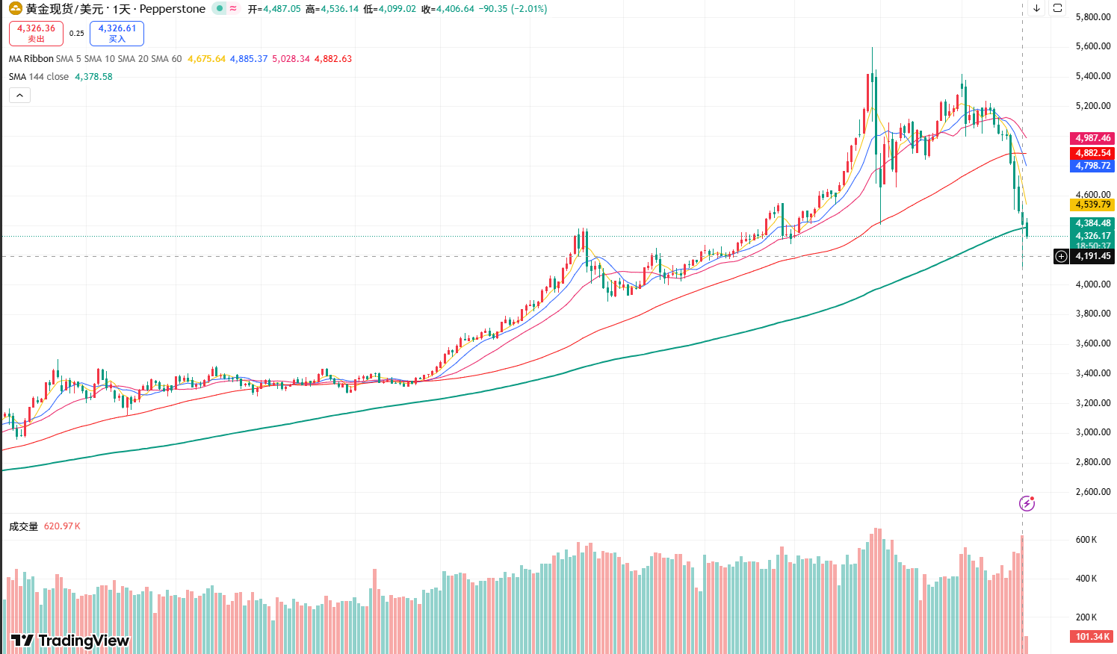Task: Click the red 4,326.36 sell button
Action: click(36, 33)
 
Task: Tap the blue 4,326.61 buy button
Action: click(117, 33)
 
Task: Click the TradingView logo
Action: click(70, 641)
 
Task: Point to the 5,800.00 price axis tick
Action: click(1092, 16)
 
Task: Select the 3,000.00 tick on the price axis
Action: click(1092, 432)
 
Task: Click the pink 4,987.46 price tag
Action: click(1092, 138)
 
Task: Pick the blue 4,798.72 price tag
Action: click(1092, 166)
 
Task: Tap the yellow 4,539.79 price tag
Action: click(1092, 205)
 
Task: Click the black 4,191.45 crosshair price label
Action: click(1092, 256)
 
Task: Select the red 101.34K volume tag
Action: click(1092, 637)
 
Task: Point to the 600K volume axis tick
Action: click(1086, 540)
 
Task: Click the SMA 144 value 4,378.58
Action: click(93, 77)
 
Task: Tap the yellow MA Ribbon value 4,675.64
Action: click(206, 59)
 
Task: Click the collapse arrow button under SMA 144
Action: click(19, 95)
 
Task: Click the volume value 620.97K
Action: click(62, 526)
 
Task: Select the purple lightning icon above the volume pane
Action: click(1027, 503)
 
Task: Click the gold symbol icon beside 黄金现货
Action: click(15, 9)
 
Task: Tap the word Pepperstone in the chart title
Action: click(172, 9)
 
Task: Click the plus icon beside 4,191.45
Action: click(1061, 256)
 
